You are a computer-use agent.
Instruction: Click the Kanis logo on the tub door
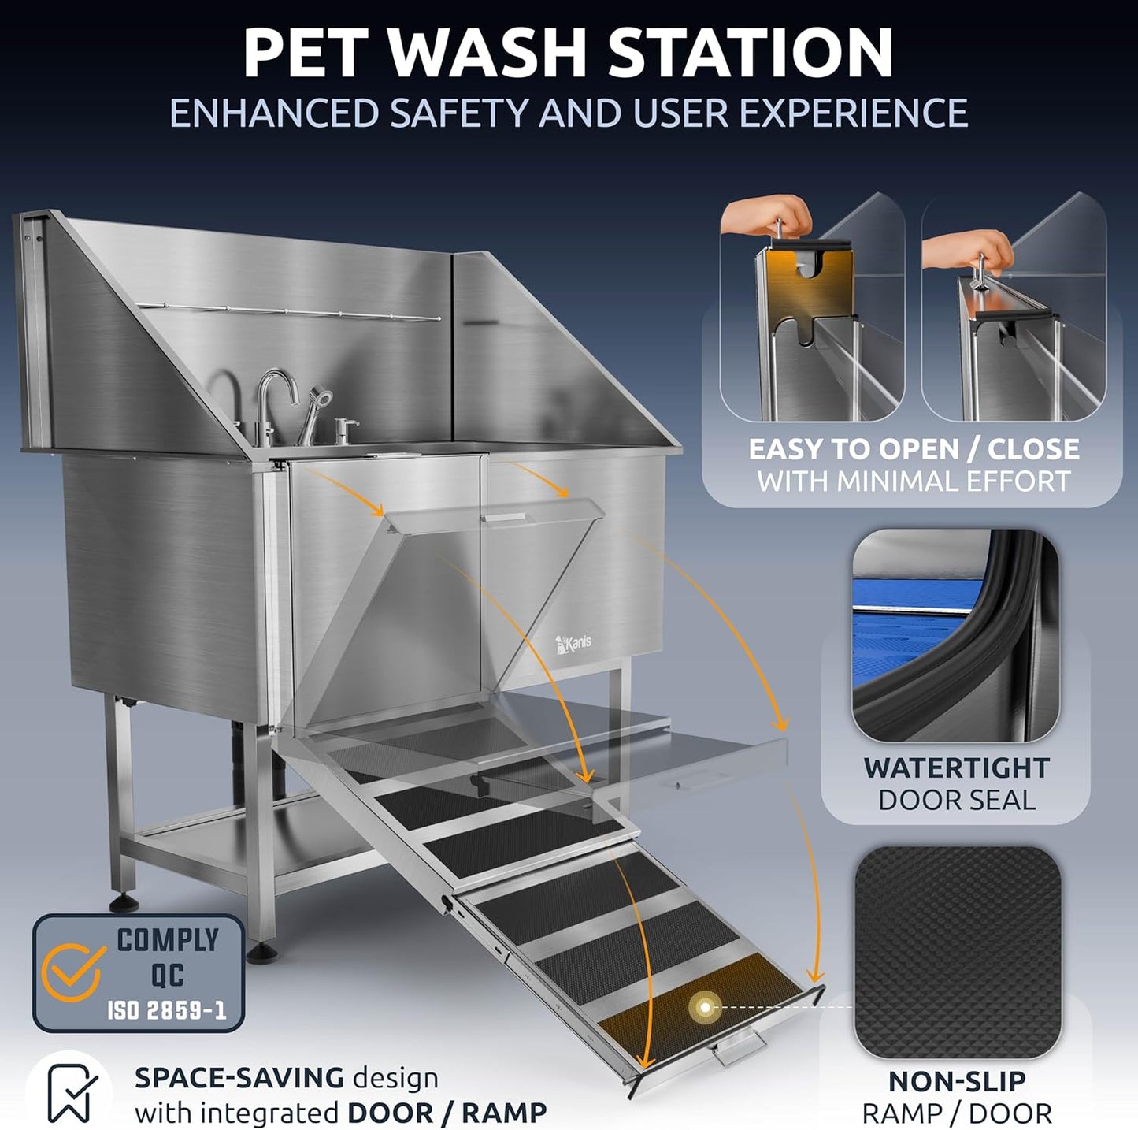[x=574, y=643]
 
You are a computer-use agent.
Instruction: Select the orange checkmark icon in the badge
[x=72, y=972]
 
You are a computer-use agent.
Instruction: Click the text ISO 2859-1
[x=167, y=1010]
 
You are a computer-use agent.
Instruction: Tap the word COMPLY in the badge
[x=168, y=940]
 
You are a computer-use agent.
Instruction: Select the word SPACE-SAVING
[x=239, y=1077]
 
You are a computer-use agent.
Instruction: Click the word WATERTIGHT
[x=956, y=768]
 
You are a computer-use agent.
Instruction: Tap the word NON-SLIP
[x=957, y=1081]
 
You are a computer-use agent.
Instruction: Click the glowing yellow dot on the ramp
[x=705, y=1007]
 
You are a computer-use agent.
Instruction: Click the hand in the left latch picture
[x=768, y=215]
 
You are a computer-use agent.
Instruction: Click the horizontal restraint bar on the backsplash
[x=287, y=312]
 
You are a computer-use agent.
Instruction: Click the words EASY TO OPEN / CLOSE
[x=914, y=449]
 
